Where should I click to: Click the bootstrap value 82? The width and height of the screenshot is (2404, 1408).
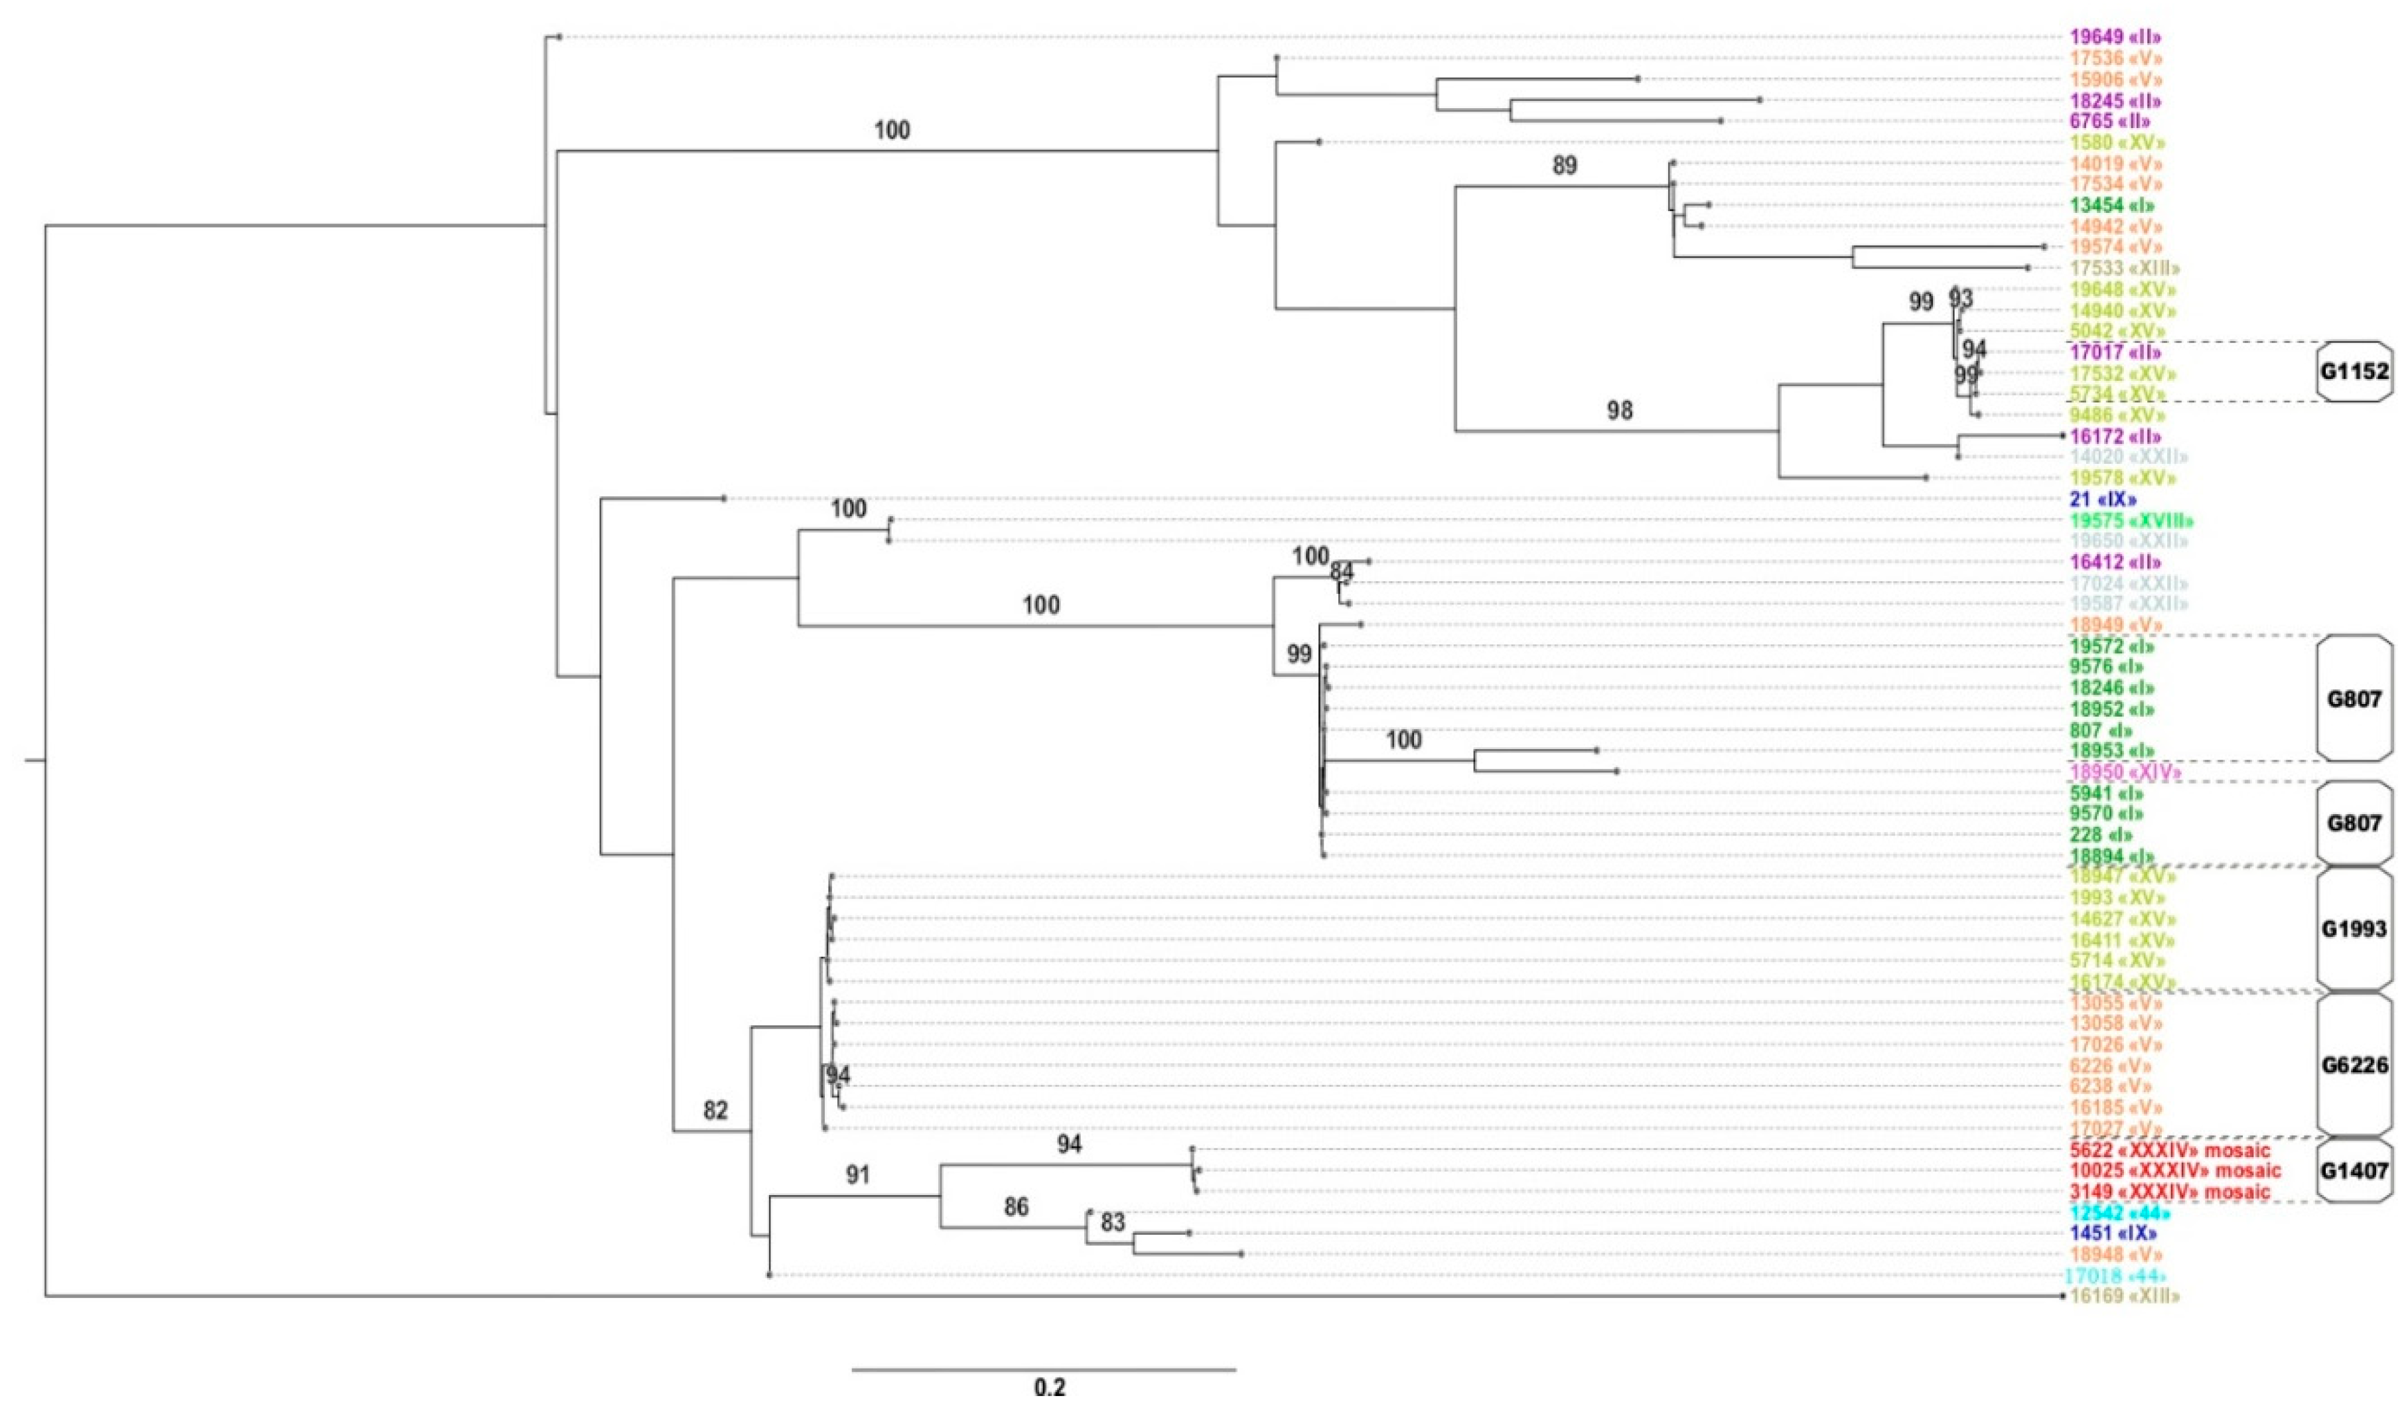(715, 1109)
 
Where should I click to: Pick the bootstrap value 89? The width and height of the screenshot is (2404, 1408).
(1565, 166)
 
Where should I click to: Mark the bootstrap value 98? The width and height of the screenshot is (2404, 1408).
(1620, 411)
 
